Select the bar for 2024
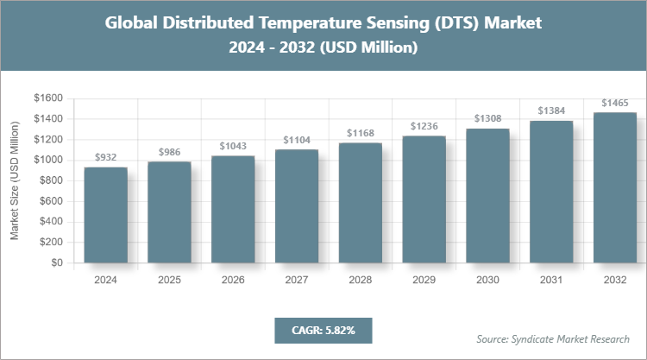click(x=105, y=215)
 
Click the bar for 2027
click(x=296, y=206)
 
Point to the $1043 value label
click(x=233, y=146)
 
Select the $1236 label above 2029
click(x=424, y=126)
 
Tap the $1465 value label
click(x=614, y=103)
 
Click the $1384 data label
click(x=551, y=111)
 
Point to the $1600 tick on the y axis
click(x=48, y=98)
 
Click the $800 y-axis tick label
click(x=51, y=180)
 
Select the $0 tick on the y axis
click(x=57, y=263)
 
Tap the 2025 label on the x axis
click(x=169, y=281)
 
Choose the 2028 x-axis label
click(x=360, y=281)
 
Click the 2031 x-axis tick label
click(x=551, y=281)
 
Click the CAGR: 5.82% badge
click(x=323, y=330)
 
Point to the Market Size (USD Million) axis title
click(x=15, y=180)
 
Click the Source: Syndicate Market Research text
click(x=553, y=338)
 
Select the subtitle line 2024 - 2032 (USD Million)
click(x=323, y=48)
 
